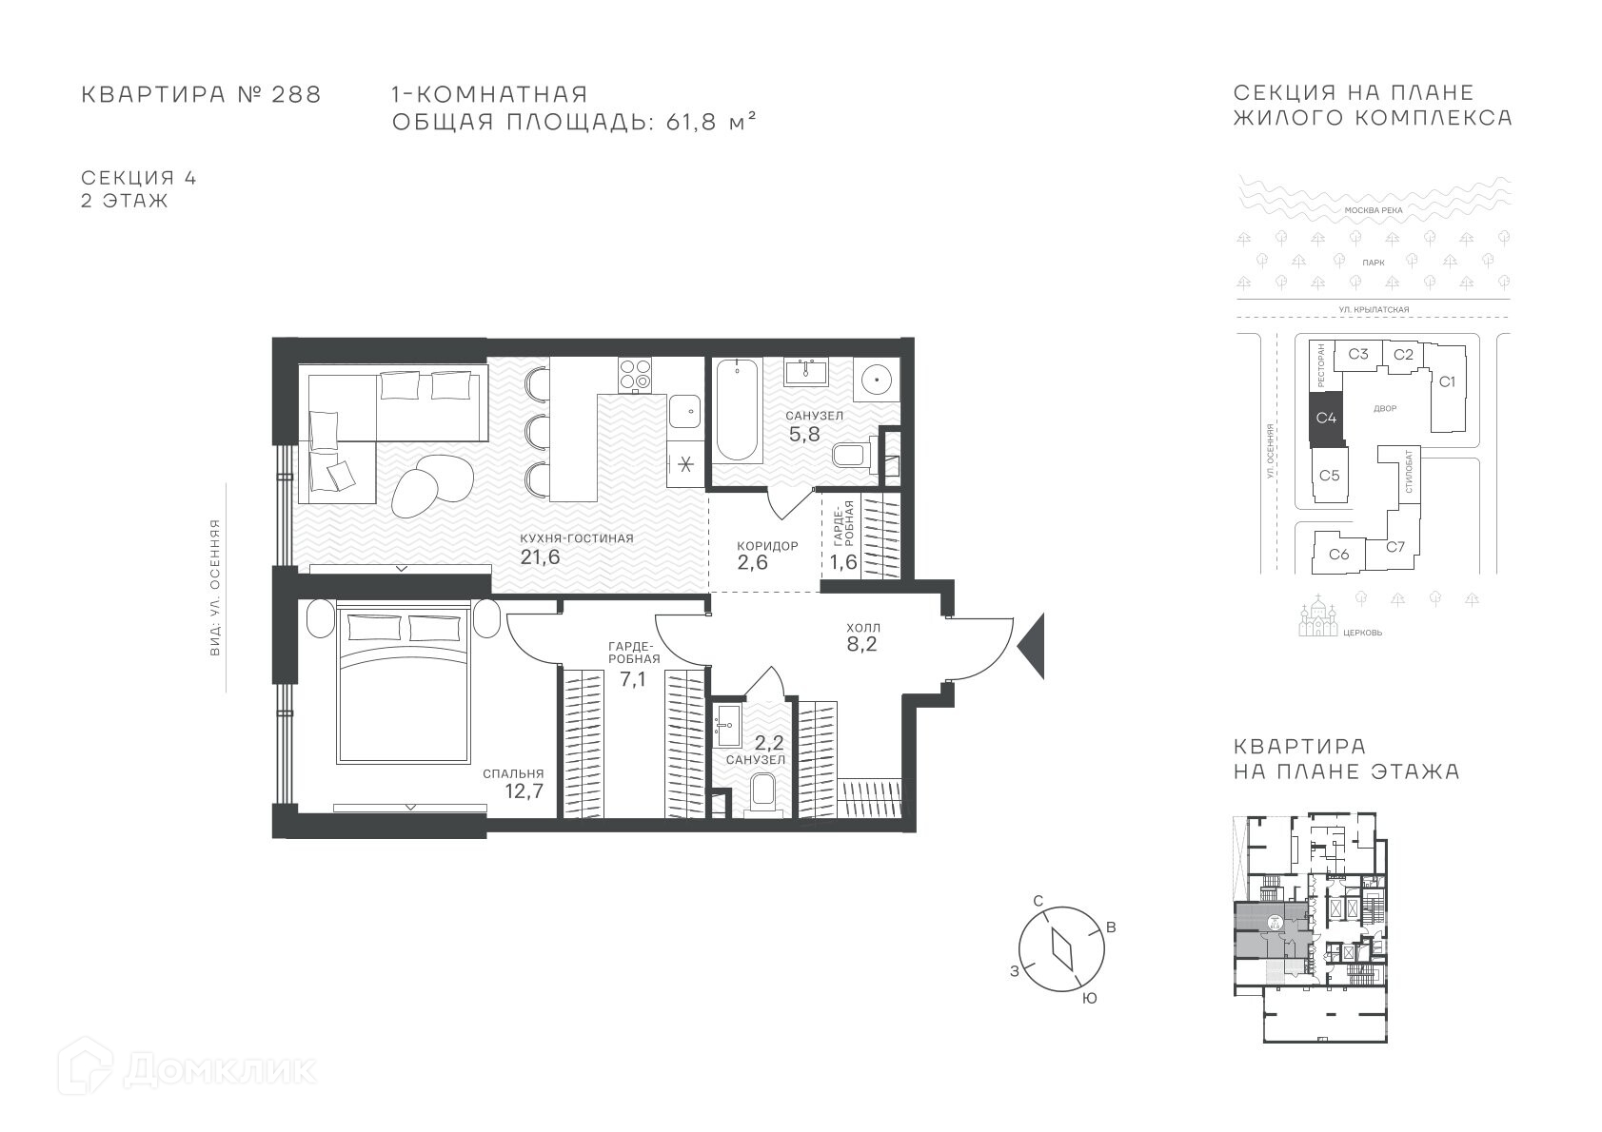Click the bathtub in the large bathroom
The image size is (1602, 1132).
(737, 410)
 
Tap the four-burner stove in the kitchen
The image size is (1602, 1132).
(635, 375)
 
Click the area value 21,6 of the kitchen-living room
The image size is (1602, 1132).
(540, 556)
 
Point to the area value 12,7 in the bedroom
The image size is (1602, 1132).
(524, 791)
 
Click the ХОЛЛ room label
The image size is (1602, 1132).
(863, 628)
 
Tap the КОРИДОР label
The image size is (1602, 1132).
(767, 546)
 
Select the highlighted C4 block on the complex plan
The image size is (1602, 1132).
(1326, 418)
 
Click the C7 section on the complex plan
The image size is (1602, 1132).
(1395, 547)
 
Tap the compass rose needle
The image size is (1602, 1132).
(1062, 949)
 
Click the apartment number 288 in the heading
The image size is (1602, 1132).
(296, 94)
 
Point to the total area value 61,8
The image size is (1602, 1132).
(691, 122)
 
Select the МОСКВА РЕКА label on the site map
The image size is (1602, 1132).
(1374, 210)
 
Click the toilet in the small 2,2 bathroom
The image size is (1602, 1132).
(763, 795)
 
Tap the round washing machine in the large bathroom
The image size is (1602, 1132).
(876, 381)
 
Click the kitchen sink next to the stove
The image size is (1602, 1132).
(685, 410)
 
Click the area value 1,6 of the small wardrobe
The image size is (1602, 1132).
(843, 561)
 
